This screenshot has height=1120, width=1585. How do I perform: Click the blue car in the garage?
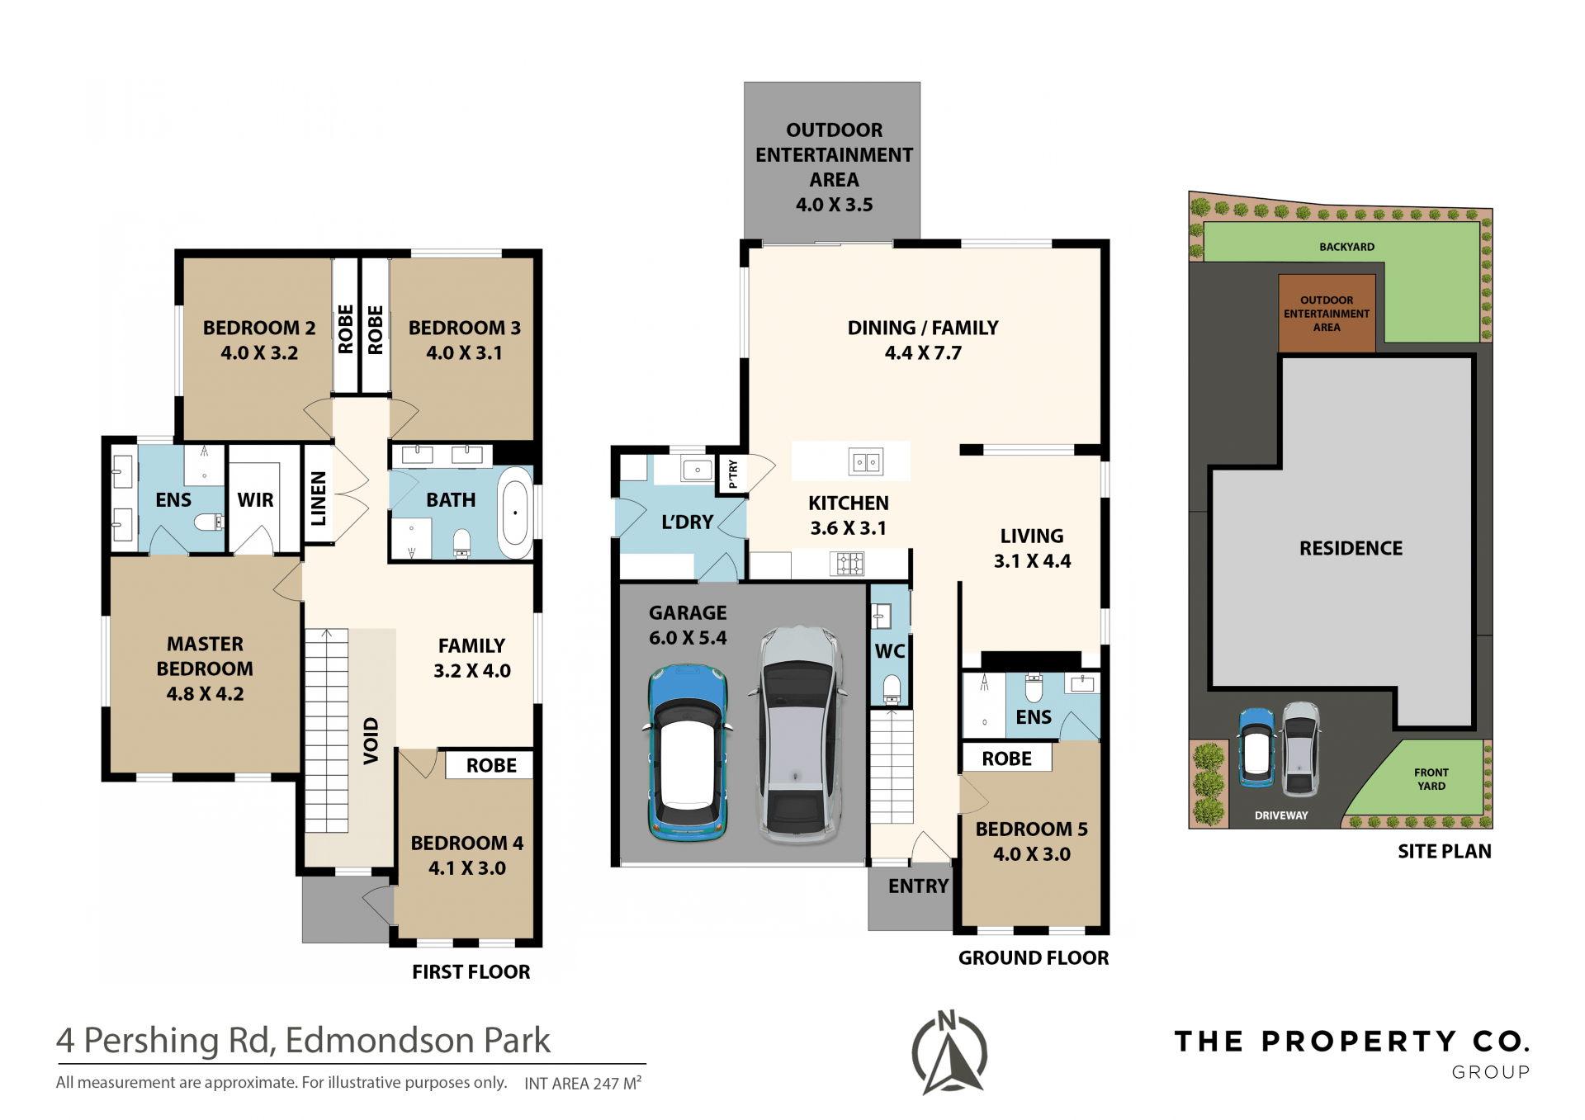click(686, 752)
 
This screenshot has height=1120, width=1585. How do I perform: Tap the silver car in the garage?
click(797, 735)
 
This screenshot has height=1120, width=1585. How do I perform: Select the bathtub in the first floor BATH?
click(515, 513)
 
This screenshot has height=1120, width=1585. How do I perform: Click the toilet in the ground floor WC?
click(892, 689)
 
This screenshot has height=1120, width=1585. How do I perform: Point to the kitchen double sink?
click(866, 462)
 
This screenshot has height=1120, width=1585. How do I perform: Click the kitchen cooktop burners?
click(847, 564)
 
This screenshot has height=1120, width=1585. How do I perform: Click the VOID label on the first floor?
click(371, 740)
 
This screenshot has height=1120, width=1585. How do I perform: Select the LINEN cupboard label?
click(319, 499)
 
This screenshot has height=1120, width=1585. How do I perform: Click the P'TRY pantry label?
click(733, 474)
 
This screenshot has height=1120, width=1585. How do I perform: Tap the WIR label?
click(255, 500)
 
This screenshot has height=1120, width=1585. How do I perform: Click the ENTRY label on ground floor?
click(918, 886)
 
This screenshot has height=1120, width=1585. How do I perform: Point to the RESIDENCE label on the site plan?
click(1351, 548)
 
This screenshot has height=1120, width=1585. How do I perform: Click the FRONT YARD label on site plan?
click(1431, 779)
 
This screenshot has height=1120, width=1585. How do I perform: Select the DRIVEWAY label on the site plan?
click(1281, 815)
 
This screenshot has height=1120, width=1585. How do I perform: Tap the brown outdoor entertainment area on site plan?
click(1327, 314)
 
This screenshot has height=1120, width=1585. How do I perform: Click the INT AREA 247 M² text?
click(583, 1083)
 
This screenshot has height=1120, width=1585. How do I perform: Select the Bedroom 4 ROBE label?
click(491, 765)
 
